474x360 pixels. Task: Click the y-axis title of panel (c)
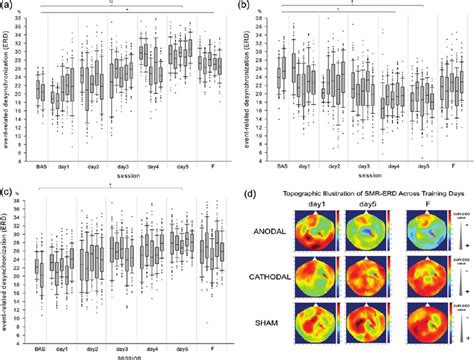pos(7,262)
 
